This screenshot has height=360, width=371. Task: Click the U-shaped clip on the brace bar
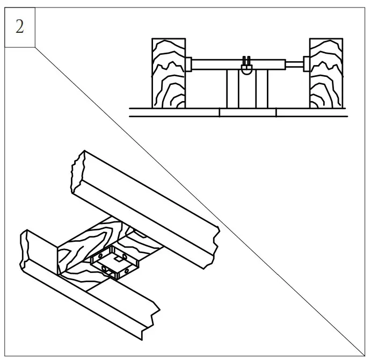[247, 66]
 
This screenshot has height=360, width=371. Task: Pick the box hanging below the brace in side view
[247, 89]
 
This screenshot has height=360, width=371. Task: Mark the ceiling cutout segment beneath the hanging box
[248, 112]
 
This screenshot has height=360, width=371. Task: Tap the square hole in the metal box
[117, 263]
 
